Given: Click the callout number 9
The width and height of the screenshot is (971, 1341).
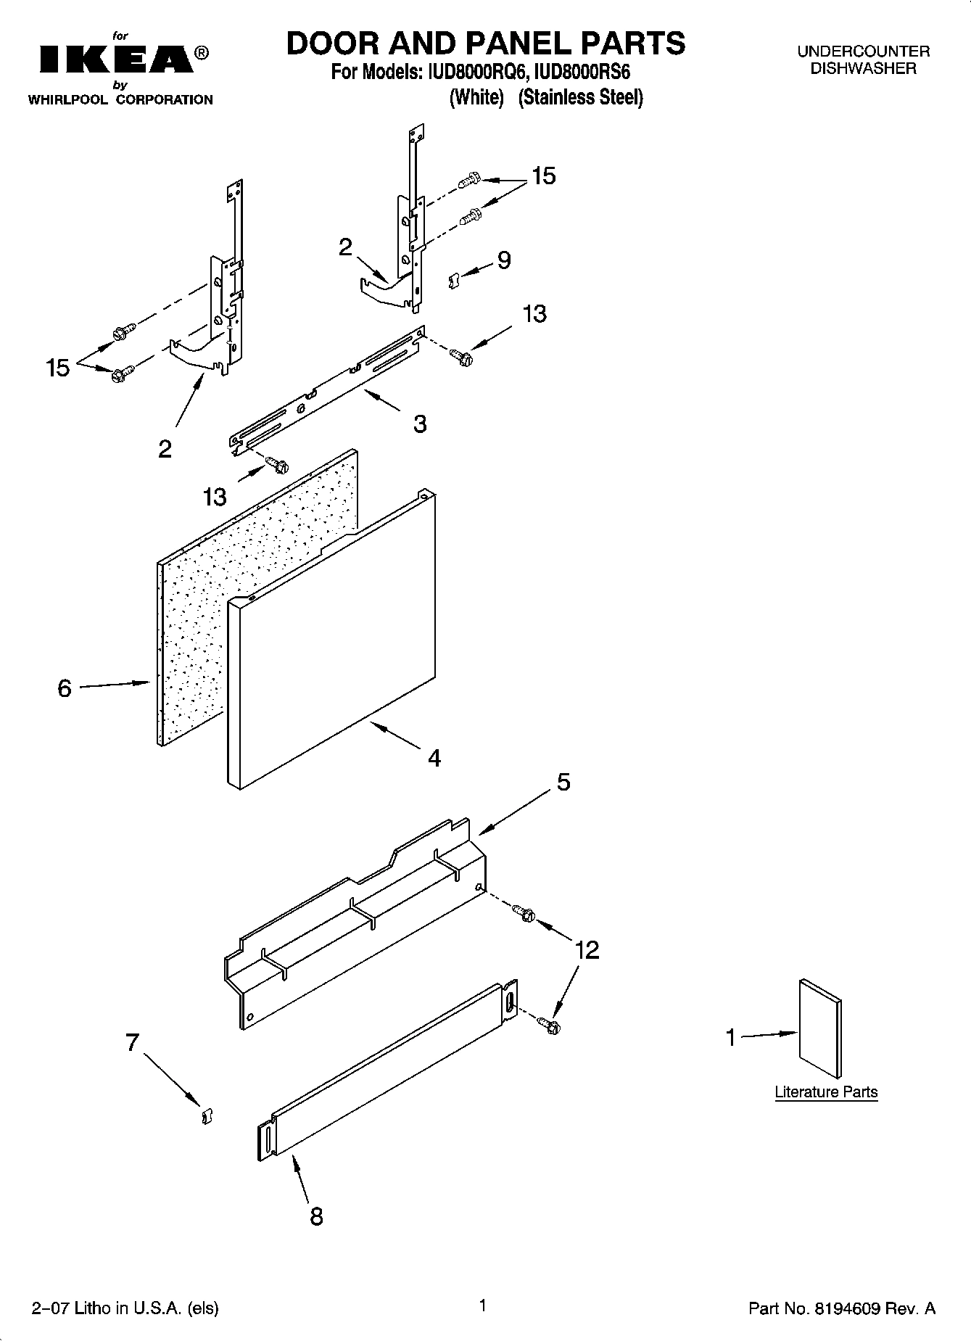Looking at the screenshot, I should [503, 260].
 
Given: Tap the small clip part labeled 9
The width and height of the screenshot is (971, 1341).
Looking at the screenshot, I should [455, 280].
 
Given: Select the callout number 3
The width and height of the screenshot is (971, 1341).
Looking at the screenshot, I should [420, 424].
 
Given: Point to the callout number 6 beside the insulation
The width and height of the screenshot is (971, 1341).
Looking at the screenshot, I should [65, 688].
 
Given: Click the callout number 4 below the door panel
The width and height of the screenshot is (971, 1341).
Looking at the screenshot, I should [434, 759].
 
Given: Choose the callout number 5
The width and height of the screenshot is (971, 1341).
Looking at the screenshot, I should [563, 783].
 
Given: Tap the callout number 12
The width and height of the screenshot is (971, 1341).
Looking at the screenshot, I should [587, 949].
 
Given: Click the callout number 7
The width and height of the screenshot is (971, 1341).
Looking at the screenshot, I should [132, 1043].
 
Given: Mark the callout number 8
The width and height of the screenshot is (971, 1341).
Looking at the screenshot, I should [316, 1216].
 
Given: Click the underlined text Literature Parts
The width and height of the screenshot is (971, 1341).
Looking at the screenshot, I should [826, 1092].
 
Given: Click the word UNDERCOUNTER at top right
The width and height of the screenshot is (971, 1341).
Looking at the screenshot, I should [863, 51].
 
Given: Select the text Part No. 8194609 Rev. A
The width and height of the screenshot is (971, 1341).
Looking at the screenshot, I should [841, 1308].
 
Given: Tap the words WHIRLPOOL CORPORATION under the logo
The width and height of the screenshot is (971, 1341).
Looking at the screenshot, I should [120, 100].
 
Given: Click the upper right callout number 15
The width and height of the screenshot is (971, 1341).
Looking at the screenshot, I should [543, 176].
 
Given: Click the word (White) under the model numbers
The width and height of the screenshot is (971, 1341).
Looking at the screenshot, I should [476, 97].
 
